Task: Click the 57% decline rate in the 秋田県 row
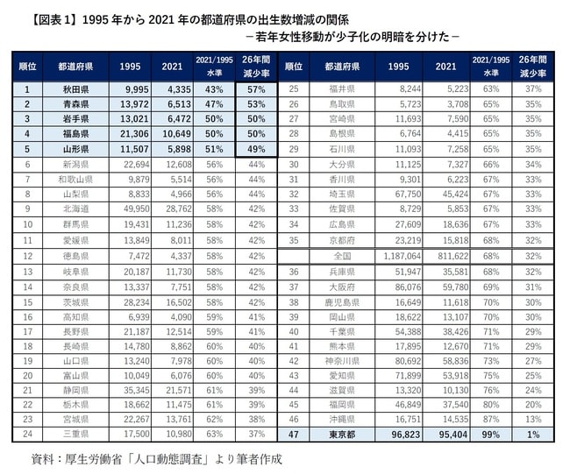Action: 256,89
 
